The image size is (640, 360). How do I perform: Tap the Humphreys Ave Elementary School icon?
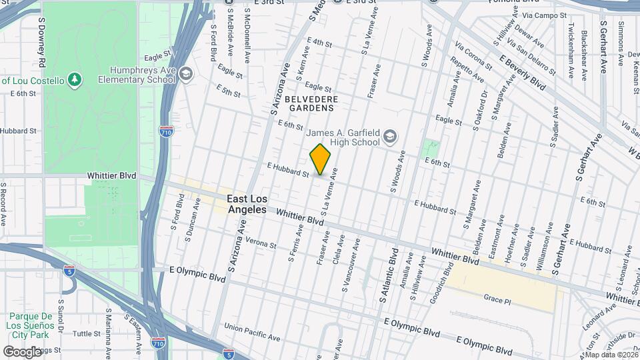[186, 74]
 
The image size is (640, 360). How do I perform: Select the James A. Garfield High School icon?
[389, 137]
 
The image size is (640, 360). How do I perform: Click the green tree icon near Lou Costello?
[75, 81]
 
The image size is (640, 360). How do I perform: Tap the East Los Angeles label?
[246, 204]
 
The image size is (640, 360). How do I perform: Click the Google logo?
[23, 351]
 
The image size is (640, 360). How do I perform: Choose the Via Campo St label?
[545, 14]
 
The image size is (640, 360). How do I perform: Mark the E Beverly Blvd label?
[522, 73]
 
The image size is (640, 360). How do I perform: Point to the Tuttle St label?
[86, 333]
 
